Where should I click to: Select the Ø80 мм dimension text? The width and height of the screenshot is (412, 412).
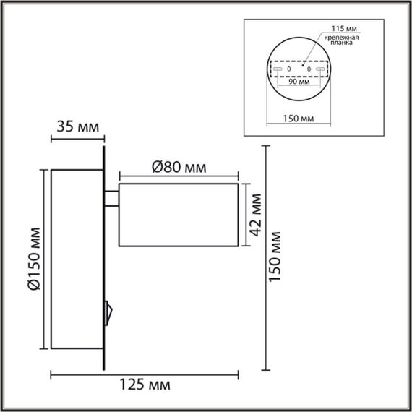tap(179, 167)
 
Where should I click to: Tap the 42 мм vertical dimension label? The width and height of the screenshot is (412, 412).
tap(254, 214)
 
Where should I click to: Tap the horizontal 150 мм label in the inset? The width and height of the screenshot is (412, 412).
tap(297, 117)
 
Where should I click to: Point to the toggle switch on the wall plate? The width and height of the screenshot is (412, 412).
tap(109, 312)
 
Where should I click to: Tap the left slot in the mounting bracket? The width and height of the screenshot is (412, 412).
tap(278, 69)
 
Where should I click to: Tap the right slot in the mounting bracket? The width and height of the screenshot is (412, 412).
tap(319, 69)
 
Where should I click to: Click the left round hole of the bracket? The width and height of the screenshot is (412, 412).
tap(289, 69)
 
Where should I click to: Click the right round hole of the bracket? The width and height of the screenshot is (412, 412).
tap(309, 69)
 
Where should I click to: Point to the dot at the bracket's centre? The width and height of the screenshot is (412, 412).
tap(299, 63)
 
